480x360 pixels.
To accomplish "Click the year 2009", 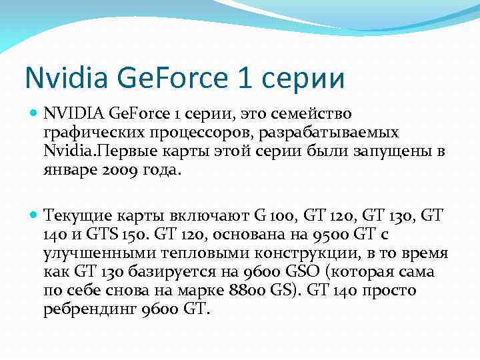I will (119, 170).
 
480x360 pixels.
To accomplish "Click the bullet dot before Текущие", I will (35, 216).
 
